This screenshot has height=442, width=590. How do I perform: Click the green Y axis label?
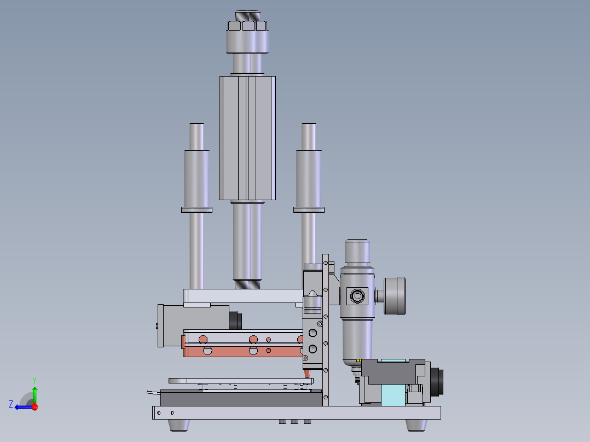[34, 380]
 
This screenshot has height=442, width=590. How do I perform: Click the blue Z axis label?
[11, 404]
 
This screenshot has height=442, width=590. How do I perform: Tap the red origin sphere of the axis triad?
[35, 407]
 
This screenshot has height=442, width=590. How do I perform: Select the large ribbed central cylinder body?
[247, 138]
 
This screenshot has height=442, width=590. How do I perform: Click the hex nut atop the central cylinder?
[247, 26]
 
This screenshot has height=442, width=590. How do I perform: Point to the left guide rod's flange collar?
[196, 210]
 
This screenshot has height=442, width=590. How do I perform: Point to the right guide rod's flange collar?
[309, 210]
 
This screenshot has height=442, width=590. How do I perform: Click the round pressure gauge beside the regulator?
[394, 296]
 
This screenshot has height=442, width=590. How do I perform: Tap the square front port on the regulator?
[357, 296]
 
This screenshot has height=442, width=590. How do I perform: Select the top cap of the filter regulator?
[357, 251]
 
